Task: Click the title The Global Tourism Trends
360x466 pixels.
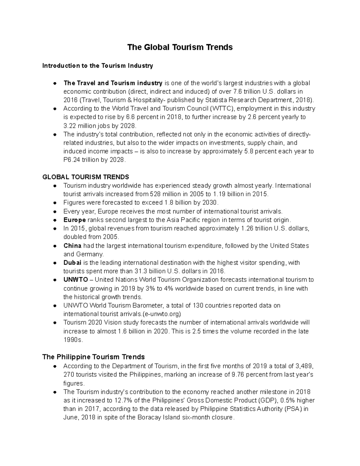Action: point(180,47)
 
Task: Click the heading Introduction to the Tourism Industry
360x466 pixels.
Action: point(98,66)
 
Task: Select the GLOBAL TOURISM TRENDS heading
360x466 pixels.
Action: point(86,177)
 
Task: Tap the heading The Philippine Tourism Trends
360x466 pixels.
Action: point(93,357)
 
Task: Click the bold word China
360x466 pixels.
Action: point(72,246)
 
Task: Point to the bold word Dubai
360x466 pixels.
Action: point(72,263)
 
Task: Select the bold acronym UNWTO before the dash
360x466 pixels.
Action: point(76,280)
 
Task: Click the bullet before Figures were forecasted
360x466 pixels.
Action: point(55,203)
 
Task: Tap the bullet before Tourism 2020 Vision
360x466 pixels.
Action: point(55,323)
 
